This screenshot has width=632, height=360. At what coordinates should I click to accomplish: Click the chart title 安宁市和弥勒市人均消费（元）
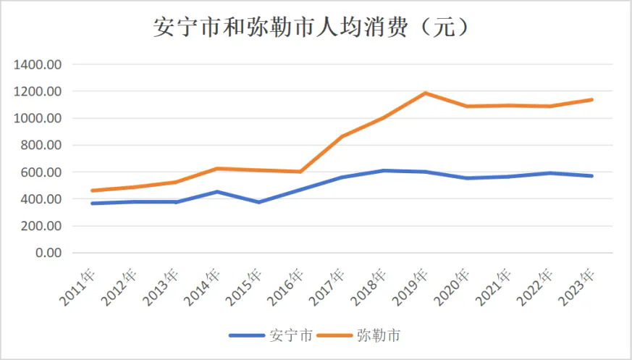pos(316,28)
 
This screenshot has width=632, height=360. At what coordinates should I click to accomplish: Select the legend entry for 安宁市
pos(271,335)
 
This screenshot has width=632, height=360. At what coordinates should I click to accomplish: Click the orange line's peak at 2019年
pos(426,93)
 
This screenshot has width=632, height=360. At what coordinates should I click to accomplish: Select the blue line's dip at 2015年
pos(258,202)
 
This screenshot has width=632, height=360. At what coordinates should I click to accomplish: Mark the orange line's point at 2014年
pos(216,169)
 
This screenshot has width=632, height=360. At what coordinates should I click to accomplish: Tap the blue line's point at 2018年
pos(384,171)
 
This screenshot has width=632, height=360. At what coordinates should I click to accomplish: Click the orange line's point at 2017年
pos(342,136)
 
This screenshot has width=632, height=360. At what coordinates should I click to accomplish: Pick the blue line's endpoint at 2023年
pos(592,176)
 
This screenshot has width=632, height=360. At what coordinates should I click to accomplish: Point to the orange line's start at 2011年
pos(92,191)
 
